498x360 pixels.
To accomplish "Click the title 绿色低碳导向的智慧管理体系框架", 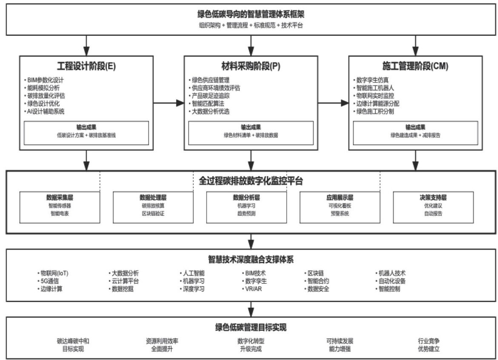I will pyautogui.click(x=251, y=14).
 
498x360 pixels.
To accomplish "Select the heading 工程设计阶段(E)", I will pyautogui.click(x=86, y=66).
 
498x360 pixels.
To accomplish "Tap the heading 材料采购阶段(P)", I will pyautogui.click(x=251, y=66).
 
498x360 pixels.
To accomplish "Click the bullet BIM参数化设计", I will pyautogui.click(x=43, y=80).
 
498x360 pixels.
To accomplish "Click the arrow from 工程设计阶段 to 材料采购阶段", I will pyautogui.click(x=168, y=103).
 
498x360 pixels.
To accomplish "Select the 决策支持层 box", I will pyautogui.click(x=433, y=207).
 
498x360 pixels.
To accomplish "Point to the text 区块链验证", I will pyautogui.click(x=153, y=214).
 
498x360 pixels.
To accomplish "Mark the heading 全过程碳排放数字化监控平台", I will pyautogui.click(x=251, y=181).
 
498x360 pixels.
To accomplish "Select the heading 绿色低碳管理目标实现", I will pyautogui.click(x=251, y=327).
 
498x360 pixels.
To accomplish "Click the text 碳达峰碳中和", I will pyautogui.click(x=73, y=341).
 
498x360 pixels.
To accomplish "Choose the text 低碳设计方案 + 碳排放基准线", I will pyautogui.click(x=86, y=135).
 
